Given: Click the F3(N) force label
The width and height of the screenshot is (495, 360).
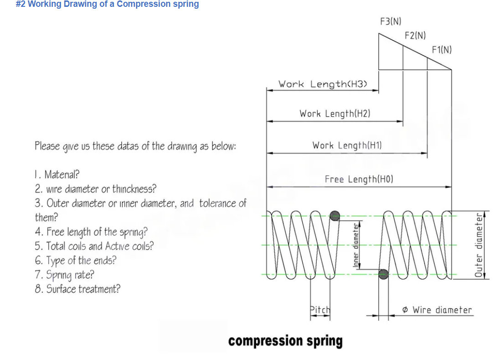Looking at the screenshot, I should coord(391,21).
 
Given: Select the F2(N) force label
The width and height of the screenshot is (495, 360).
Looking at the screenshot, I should coord(415,35).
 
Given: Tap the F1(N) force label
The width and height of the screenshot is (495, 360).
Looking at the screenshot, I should coord(442,49).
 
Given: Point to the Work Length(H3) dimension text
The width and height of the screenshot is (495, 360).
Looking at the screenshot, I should coord(323,84).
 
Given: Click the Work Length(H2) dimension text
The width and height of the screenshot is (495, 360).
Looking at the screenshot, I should coord(335,113).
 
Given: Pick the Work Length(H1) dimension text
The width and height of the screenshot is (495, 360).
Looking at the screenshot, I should coord(347,145).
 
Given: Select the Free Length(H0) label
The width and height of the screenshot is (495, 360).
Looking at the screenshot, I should coord(359,180).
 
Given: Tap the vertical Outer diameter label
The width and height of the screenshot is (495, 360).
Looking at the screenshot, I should coord(479,245).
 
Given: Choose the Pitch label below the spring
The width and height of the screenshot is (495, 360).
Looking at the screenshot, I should coord(320,310).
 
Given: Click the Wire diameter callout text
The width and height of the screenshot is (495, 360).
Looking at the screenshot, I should coord(437,310).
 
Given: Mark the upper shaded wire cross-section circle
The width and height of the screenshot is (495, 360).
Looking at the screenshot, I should coord(335,216).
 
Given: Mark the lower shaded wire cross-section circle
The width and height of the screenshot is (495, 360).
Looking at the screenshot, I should coord(384,274).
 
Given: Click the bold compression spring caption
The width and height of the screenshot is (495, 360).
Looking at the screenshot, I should coord(285,341).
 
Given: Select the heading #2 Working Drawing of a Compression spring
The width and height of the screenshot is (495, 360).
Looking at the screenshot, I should coord(107,4).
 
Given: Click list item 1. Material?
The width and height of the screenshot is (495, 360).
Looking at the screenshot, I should coord(57,174).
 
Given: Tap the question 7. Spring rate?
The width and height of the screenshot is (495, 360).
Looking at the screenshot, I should coord(64,275).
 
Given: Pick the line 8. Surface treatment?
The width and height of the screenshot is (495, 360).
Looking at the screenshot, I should coord(77,289).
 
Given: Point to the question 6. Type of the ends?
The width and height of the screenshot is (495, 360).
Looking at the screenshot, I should coord(75,260).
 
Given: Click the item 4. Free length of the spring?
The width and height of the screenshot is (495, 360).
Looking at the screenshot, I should coord(91,231).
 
